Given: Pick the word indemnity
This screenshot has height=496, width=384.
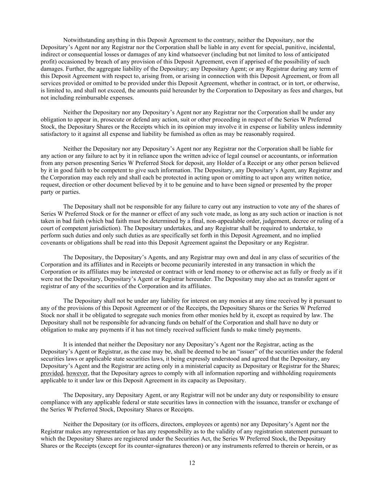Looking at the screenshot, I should pos(330,127).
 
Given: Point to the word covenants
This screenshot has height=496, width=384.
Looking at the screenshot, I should pos(53,243).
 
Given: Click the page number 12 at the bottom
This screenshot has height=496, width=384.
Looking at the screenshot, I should pos(192,463).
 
